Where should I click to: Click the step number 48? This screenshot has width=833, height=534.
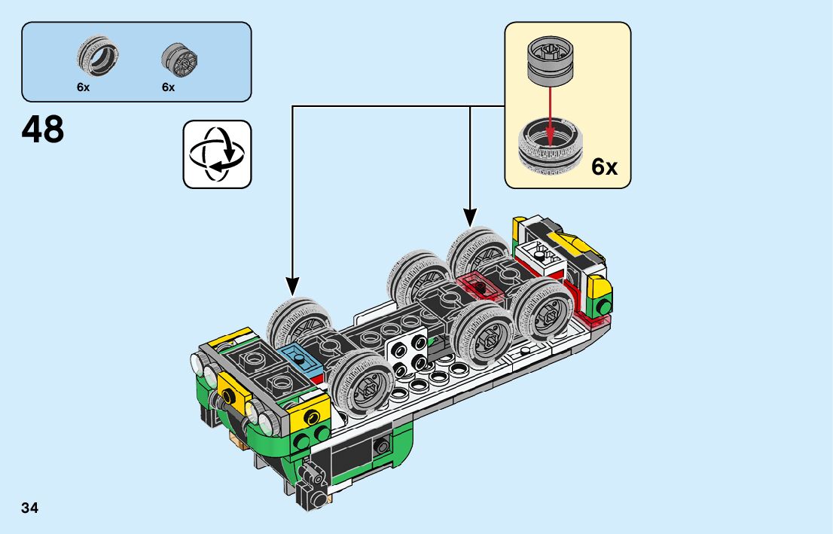tap(42, 129)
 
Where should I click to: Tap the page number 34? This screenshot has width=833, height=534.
tap(30, 508)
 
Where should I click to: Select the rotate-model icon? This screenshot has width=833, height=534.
tap(217, 154)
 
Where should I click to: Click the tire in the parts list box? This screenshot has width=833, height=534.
tap(97, 56)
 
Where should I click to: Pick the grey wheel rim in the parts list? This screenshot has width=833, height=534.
tap(179, 60)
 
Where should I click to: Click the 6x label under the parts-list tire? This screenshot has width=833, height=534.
tap(84, 87)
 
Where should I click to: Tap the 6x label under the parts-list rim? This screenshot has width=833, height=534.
tap(169, 87)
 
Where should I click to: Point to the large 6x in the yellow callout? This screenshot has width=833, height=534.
tap(605, 167)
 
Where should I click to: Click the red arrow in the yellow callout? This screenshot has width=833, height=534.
tap(550, 115)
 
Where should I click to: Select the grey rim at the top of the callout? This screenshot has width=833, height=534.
tap(551, 62)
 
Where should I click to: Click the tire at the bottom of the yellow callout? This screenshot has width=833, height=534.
tap(551, 147)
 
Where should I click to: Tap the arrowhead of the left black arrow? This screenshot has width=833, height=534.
tap(292, 286)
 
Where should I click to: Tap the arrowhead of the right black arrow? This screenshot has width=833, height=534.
tap(470, 217)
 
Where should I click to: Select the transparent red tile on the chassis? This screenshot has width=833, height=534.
tap(481, 287)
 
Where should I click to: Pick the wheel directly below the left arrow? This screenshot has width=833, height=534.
tap(298, 323)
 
